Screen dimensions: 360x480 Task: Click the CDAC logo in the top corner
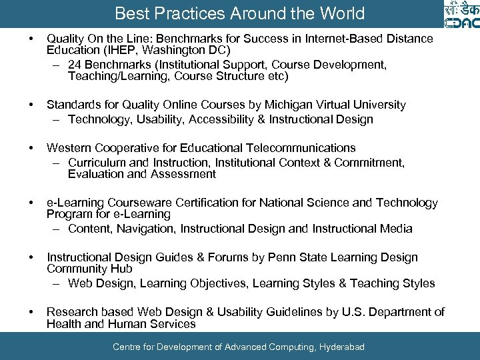(460, 14)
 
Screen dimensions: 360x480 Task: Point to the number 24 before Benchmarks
(75, 65)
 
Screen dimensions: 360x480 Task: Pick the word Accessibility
(236, 119)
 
